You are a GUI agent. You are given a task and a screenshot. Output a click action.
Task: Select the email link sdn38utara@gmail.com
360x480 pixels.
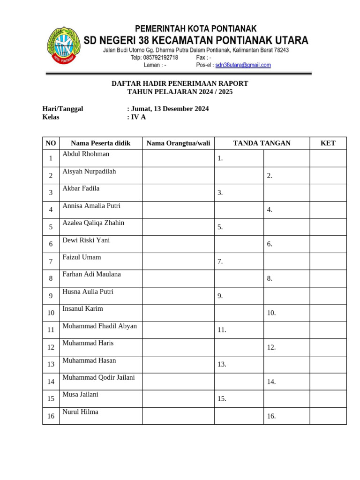[x=243, y=65]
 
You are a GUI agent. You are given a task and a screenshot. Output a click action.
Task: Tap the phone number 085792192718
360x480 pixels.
[x=160, y=58]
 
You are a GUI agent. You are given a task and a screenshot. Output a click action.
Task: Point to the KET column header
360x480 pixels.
[x=328, y=143]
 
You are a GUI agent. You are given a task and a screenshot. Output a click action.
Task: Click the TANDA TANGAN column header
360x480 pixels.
[x=262, y=143]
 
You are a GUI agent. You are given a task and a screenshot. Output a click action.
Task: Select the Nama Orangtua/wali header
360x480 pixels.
[x=178, y=143]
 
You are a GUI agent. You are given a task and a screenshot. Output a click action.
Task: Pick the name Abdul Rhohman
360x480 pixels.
[x=86, y=154]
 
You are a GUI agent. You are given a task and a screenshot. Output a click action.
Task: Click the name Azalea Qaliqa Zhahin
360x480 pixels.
[x=93, y=223]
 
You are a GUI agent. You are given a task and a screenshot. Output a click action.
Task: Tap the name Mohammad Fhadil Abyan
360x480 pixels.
[x=99, y=326]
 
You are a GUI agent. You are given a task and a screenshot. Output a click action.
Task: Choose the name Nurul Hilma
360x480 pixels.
[x=80, y=412]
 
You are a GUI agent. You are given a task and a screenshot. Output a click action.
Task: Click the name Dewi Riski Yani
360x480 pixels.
[x=86, y=240]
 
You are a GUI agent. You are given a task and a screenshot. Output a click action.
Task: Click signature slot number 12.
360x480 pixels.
[x=271, y=347]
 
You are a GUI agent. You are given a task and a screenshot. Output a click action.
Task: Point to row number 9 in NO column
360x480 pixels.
[x=51, y=296]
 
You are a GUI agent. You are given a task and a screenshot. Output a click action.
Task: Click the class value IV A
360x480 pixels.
[x=138, y=117]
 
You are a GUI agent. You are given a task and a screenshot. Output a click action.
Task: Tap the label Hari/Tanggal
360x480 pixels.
[x=63, y=109]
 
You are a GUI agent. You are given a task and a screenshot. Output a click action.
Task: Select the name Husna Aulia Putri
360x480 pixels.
[x=88, y=292]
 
